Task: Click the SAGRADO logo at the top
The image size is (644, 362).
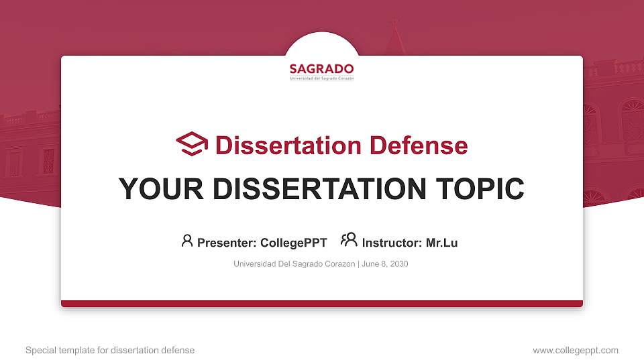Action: click(321, 69)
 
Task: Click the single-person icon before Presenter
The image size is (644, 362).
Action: click(187, 241)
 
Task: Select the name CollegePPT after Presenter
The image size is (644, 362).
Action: click(293, 243)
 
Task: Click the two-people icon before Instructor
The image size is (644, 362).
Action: click(349, 240)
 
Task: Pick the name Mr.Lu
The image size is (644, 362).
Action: click(441, 243)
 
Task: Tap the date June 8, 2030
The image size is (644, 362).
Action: click(385, 264)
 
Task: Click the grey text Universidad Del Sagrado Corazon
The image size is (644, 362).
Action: click(294, 264)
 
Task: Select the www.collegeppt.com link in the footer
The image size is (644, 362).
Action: click(576, 350)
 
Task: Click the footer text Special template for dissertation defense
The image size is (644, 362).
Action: click(110, 350)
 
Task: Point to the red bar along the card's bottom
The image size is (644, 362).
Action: click(322, 304)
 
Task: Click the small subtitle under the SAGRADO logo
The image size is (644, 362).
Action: click(321, 78)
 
